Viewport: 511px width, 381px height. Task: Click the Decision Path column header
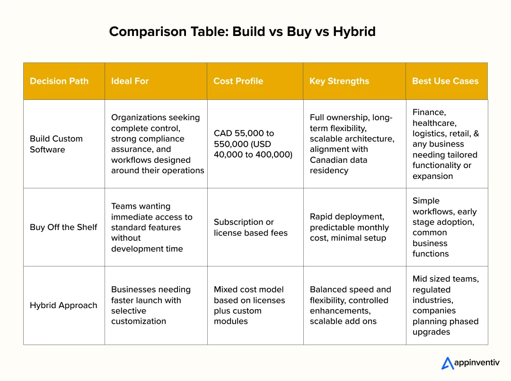[59, 81]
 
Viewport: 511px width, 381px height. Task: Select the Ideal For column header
[130, 81]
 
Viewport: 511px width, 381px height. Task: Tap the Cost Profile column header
[238, 81]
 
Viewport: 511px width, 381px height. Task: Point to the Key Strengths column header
[339, 81]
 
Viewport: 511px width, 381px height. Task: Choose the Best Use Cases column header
[445, 81]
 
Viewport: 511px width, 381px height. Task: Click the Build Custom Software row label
[56, 144]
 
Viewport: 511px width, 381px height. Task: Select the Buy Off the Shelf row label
[63, 227]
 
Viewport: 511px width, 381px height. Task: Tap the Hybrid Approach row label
[63, 305]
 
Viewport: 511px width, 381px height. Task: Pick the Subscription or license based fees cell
[251, 227]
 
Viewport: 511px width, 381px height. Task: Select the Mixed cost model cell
[249, 305]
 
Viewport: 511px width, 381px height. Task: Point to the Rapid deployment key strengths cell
[349, 227]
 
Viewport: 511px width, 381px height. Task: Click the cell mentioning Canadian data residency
[352, 144]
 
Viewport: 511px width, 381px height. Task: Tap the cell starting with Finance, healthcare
[445, 144]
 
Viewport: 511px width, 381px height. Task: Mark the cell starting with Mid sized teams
[445, 305]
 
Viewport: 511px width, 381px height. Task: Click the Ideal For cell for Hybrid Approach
[150, 305]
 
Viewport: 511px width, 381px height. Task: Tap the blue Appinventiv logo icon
[447, 363]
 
